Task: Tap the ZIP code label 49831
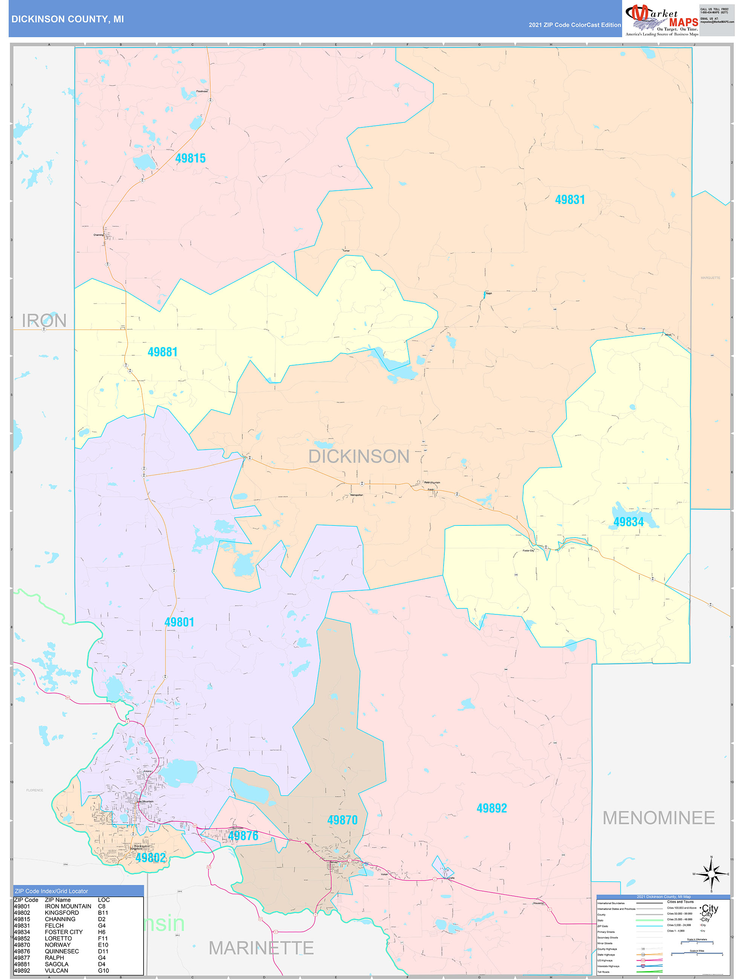pyautogui.click(x=570, y=200)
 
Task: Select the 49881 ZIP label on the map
pyautogui.click(x=162, y=352)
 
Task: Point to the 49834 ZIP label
pyautogui.click(x=628, y=522)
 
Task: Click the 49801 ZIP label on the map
pyautogui.click(x=179, y=622)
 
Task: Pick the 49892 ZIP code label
pyautogui.click(x=491, y=808)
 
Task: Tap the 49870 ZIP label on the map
pyautogui.click(x=342, y=820)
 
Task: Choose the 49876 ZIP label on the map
pyautogui.click(x=243, y=836)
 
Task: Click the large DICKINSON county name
pyautogui.click(x=358, y=457)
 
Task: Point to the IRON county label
pyautogui.click(x=44, y=321)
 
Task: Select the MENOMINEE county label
pyautogui.click(x=658, y=818)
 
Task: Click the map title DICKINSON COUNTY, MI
pyautogui.click(x=67, y=19)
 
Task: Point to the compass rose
pyautogui.click(x=711, y=874)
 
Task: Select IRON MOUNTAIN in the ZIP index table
pyautogui.click(x=68, y=906)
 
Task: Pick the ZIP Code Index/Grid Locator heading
pyautogui.click(x=51, y=891)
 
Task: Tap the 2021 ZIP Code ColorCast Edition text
pyautogui.click(x=574, y=25)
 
